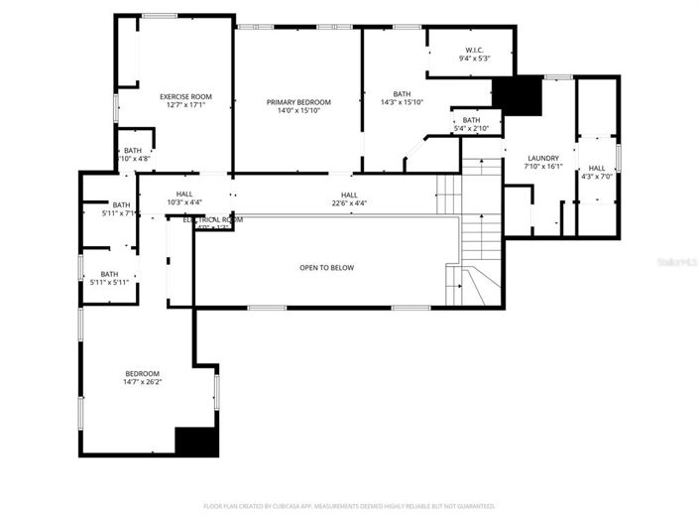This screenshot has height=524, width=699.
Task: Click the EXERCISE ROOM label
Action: (x=185, y=96)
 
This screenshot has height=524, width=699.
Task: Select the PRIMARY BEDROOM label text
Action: (x=297, y=102)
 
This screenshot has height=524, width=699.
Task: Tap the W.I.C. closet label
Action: (x=474, y=51)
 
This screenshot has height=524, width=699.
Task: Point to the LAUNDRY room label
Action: (x=542, y=158)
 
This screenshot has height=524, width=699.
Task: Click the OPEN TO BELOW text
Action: (x=326, y=268)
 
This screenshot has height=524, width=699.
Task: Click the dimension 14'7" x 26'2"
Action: (x=142, y=381)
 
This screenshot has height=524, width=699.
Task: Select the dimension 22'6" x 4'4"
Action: (x=349, y=203)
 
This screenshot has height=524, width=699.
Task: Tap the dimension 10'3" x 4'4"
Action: (x=184, y=203)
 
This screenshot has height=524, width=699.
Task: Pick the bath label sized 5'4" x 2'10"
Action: (x=471, y=121)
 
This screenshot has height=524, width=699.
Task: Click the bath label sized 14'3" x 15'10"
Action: (x=402, y=93)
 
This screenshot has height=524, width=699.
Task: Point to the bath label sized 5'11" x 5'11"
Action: (x=109, y=274)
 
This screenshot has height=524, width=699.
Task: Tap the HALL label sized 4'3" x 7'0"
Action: (x=597, y=169)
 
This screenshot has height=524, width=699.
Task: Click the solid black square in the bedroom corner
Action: (x=196, y=442)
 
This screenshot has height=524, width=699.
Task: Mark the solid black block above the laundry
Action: (x=518, y=95)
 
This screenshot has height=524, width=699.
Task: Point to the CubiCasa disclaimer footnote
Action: (x=349, y=505)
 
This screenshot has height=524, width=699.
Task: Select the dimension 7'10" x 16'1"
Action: (x=542, y=167)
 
